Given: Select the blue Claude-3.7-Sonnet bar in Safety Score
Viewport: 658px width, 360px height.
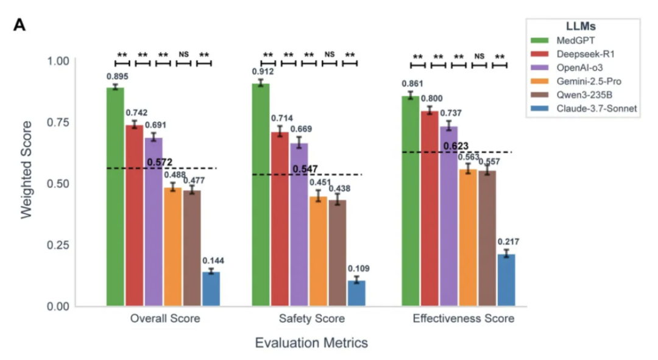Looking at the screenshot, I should (356, 293).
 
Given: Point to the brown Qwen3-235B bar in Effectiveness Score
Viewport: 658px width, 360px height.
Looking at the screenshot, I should (487, 238).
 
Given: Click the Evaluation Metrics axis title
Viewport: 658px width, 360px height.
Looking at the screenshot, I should (311, 343).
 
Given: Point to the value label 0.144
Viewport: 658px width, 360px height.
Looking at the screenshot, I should (213, 260).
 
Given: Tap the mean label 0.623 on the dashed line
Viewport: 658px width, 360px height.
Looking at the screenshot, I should (456, 146).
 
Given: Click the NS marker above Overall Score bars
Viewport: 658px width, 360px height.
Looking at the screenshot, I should (183, 54).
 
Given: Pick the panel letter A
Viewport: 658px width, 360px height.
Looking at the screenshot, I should (20, 26).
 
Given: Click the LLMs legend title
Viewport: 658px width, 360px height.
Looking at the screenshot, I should (581, 27).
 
